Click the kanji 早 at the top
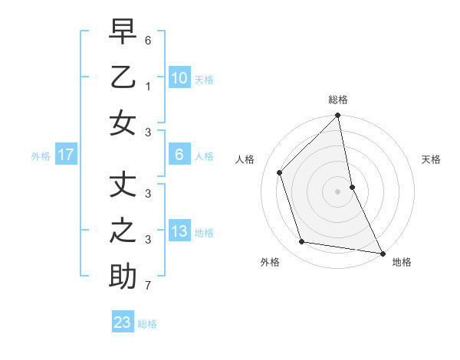click(123, 33)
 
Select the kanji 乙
click(123, 77)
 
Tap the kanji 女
click(123, 123)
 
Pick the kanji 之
click(123, 231)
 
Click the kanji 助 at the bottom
click(123, 277)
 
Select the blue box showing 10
click(179, 78)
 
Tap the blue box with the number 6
click(179, 155)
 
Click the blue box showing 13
click(179, 231)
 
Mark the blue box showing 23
click(123, 322)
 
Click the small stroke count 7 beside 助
click(148, 286)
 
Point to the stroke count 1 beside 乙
click(148, 87)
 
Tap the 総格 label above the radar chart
click(338, 100)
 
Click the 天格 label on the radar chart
click(432, 159)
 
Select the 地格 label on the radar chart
click(402, 262)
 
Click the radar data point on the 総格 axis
click(338, 116)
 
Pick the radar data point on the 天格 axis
click(352, 186)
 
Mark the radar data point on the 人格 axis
click(280, 172)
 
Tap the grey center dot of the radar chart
click(338, 191)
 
